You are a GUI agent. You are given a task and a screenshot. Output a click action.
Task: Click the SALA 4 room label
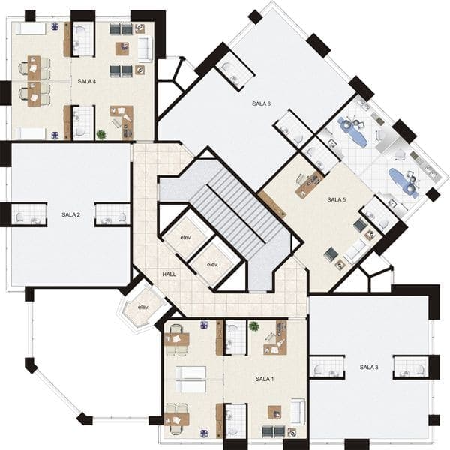[x=87, y=82]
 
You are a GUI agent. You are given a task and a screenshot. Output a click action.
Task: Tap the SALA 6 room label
[x=261, y=103]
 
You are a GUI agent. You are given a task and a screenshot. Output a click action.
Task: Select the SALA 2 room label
[x=71, y=214]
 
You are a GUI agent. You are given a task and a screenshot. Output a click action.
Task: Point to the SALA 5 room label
[x=336, y=199]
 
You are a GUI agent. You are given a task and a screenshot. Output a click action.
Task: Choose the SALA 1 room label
[x=265, y=379]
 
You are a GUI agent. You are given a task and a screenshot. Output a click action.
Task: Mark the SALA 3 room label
[x=369, y=367]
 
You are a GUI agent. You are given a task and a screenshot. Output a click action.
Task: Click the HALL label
[x=169, y=274]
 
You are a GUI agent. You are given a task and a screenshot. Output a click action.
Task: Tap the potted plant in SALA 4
[x=101, y=134]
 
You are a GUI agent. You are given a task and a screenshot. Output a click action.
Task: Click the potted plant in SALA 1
[x=254, y=326]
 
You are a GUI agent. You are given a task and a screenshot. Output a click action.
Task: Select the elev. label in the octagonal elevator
[x=143, y=307]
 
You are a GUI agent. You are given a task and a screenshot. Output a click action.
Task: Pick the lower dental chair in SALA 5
[x=403, y=183]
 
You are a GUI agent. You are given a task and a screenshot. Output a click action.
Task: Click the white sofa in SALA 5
[x=355, y=250]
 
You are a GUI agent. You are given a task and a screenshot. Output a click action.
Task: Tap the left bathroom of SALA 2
[x=29, y=214]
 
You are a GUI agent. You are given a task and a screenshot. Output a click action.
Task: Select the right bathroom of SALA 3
[x=411, y=367]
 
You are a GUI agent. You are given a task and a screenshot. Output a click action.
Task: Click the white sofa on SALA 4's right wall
[x=145, y=49]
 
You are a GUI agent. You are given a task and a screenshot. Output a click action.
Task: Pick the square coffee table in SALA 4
[x=122, y=49]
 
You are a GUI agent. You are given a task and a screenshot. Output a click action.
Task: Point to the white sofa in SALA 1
[x=298, y=411]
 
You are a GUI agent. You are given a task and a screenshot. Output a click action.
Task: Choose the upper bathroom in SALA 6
[x=235, y=71]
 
